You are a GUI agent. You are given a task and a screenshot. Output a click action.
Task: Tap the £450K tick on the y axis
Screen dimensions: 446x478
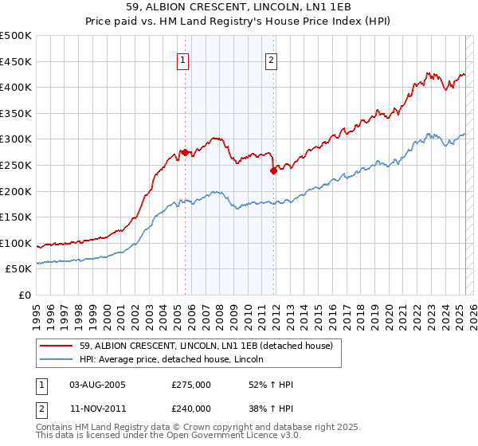coord(16,61)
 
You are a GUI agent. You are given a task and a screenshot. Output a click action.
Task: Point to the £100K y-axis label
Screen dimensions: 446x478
coord(16,243)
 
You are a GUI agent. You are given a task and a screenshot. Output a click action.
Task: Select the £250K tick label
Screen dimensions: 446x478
coord(16,165)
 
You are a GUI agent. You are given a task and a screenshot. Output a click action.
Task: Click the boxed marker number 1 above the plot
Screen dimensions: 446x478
coord(183,59)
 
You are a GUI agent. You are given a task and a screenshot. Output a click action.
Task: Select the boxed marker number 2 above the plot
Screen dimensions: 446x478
coord(272,59)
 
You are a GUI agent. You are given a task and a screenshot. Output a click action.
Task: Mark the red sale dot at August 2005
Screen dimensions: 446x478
coord(186,152)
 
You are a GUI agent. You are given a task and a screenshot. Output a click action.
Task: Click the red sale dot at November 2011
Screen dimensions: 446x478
coord(273,170)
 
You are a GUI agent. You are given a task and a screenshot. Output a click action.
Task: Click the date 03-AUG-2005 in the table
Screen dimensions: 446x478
coord(97,385)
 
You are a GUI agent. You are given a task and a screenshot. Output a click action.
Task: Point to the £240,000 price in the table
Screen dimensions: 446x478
coord(191,408)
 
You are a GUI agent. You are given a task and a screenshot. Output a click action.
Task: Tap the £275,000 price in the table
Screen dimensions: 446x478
coord(191,385)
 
